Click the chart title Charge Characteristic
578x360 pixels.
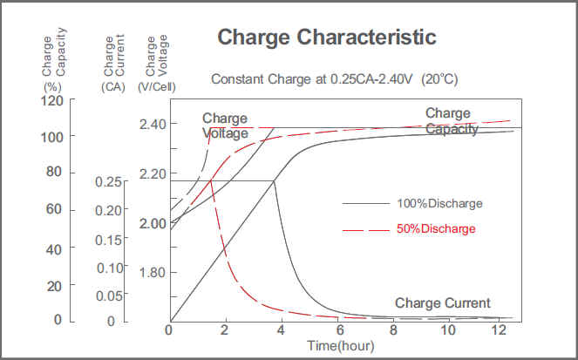pos(326,37)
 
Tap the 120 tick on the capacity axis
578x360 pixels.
pos(53,100)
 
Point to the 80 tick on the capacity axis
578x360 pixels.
pos(53,173)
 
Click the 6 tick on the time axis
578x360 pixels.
pos(337,332)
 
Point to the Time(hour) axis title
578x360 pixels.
pos(340,346)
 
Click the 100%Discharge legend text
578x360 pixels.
pos(439,203)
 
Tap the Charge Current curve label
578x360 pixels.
pos(443,303)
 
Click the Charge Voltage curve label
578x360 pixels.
pos(225,126)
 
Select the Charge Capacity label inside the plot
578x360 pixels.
pos(452,121)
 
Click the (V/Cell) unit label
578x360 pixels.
pos(158,86)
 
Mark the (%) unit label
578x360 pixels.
pos(51,86)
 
